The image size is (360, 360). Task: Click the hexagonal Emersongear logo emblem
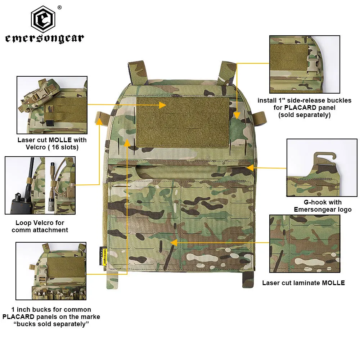[44, 20]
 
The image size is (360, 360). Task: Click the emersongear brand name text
[44, 39]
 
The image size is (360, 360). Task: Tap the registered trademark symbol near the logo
[60, 8]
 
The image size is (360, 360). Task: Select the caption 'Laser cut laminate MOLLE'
[303, 283]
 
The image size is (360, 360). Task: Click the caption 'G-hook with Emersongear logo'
[323, 206]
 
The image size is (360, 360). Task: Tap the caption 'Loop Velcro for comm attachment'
[40, 226]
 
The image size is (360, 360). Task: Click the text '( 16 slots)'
[62, 147]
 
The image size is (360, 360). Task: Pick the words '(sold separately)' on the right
[304, 115]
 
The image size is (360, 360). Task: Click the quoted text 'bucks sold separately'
[51, 324]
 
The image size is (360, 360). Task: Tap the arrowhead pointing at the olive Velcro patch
[162, 105]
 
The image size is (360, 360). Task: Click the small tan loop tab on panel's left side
[100, 117]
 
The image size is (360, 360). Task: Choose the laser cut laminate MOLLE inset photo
[305, 244]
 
